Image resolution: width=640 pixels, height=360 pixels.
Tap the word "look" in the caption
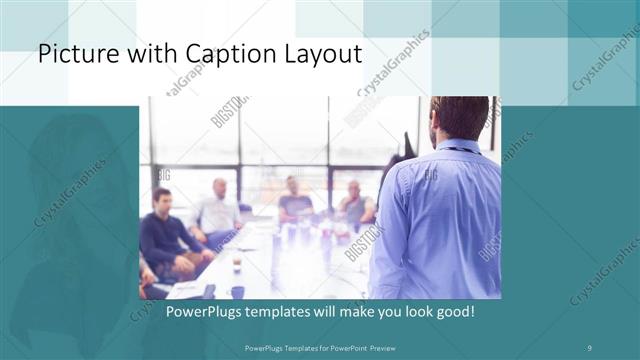(x=412, y=312)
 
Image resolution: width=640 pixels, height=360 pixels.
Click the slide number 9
(x=591, y=347)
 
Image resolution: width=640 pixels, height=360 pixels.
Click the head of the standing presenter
(x=458, y=118)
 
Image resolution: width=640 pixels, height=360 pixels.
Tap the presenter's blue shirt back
(x=440, y=220)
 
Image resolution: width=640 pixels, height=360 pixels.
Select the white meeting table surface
(x=280, y=260)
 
